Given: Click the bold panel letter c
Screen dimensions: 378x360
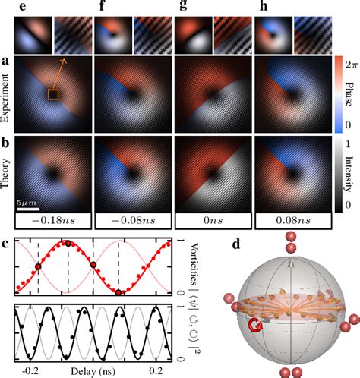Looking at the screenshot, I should point(6,244).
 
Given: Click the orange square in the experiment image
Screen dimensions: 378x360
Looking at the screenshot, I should point(52,93).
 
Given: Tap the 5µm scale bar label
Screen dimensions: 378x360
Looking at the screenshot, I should point(30,204).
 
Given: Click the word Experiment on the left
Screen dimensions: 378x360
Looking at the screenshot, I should point(6,95).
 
